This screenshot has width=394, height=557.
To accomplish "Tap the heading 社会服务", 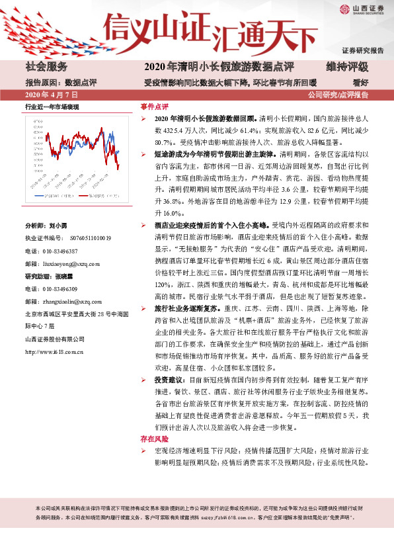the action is pos(46,67).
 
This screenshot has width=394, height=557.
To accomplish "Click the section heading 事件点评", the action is pos(154,107).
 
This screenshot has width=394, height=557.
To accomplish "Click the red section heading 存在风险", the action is pos(154,439).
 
